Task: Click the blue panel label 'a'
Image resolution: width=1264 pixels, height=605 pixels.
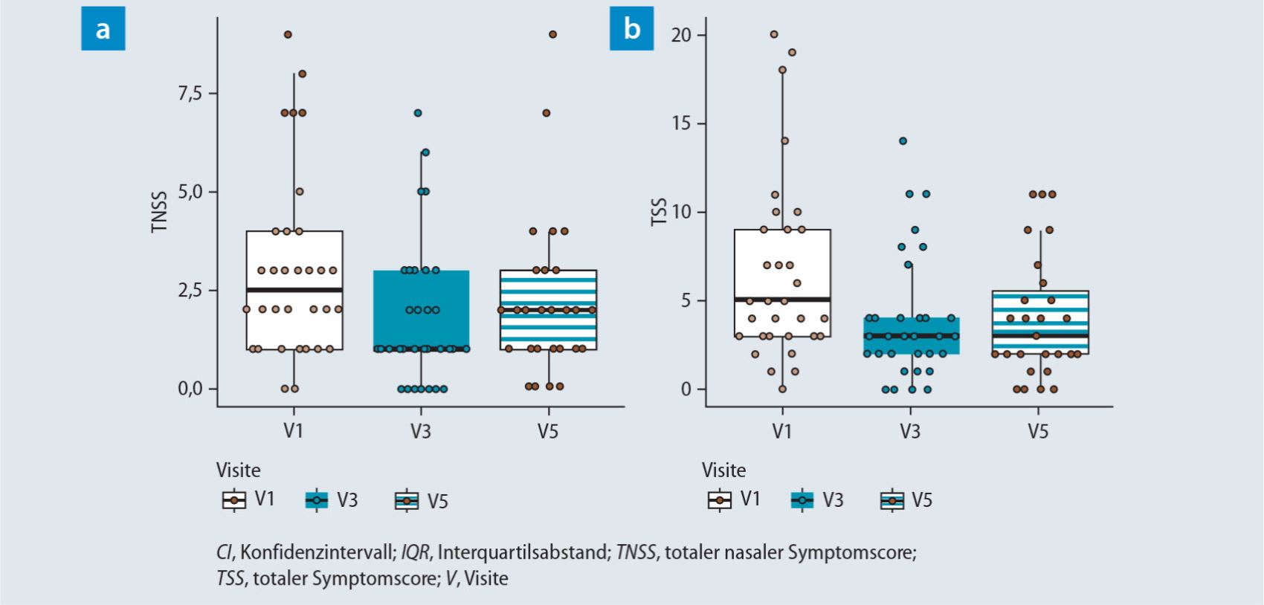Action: coord(103,30)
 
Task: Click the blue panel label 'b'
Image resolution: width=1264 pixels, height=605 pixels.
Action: coord(631,30)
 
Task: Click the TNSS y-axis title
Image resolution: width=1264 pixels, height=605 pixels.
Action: coord(158,211)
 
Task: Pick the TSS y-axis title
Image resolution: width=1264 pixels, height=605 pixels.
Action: coord(659,212)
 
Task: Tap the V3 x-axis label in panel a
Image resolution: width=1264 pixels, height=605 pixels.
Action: coord(420,431)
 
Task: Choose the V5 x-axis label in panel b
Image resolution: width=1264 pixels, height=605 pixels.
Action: coord(1038,431)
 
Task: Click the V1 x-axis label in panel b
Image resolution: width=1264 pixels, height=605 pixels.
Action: coord(781,431)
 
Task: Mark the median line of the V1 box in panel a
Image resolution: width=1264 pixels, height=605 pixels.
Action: coord(294,289)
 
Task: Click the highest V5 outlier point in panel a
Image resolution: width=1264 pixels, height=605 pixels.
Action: coord(552,34)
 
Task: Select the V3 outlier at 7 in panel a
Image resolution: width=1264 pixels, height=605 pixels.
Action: coord(418,113)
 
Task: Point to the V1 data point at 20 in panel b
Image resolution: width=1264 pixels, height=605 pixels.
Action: coord(774,34)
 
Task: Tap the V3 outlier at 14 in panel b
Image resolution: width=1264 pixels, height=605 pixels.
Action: coord(903,140)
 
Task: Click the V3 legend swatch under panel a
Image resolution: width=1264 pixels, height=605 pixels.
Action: coord(317,500)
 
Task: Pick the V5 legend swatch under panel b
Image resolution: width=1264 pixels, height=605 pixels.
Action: coord(891,500)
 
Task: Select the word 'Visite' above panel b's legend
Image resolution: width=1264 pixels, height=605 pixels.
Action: coord(723,470)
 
